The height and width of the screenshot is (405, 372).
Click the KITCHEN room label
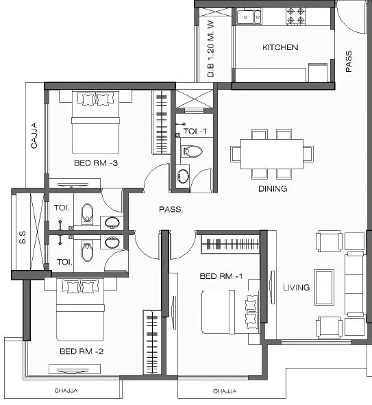280,47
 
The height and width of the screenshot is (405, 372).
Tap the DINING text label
272,188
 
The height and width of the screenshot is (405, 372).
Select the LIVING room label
296,287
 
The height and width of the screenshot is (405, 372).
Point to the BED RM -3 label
96,163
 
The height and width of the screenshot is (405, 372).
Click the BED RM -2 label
81,351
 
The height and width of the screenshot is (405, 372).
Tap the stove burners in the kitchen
295,15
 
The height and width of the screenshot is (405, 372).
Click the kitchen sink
246,16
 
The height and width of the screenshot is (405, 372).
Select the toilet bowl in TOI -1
193,151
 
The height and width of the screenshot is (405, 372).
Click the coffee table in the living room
323,286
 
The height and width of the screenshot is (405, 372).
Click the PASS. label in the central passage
171,210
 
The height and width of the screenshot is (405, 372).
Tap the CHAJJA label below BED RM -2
66,391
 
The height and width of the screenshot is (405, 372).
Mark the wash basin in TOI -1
183,176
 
